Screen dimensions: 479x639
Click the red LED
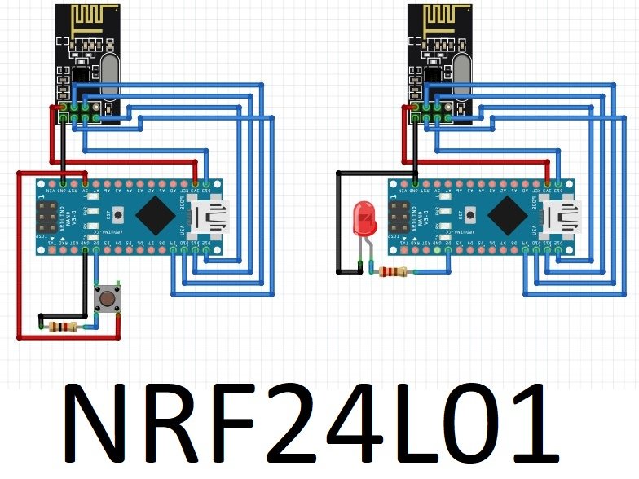[362, 219]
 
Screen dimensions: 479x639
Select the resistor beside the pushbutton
[61, 327]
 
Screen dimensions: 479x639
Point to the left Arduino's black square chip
[155, 216]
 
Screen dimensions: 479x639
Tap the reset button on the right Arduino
[470, 216]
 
